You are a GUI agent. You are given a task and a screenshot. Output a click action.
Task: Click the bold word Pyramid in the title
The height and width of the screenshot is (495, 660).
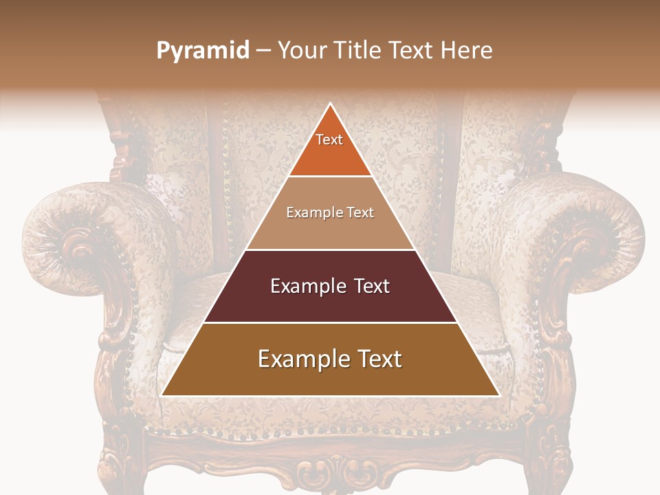pyautogui.click(x=203, y=51)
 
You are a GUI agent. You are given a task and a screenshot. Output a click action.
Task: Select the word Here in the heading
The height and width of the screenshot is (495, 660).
pyautogui.click(x=467, y=50)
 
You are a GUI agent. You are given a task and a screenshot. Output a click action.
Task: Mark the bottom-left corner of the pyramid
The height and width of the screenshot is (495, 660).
pyautogui.click(x=162, y=395)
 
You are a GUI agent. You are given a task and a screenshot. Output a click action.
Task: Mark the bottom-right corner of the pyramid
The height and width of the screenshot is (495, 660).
pyautogui.click(x=499, y=395)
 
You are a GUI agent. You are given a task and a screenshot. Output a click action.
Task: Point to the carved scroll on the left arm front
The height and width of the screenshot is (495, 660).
pyautogui.click(x=79, y=247)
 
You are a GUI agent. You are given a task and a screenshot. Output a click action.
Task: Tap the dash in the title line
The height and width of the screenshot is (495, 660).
pyautogui.click(x=263, y=51)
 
